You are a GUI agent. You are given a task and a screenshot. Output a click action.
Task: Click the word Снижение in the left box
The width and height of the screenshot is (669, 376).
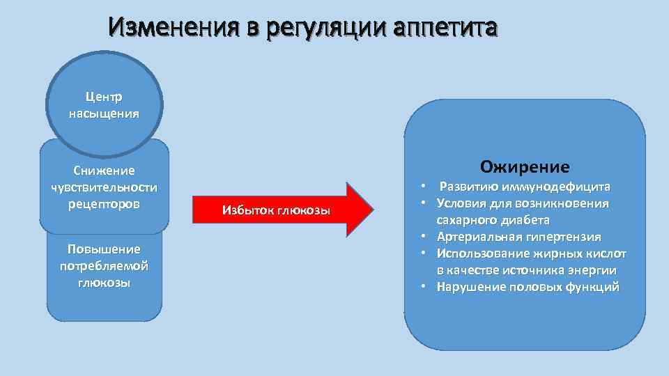pos(104,171)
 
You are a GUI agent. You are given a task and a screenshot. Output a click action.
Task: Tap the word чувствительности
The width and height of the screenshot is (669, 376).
pos(104,187)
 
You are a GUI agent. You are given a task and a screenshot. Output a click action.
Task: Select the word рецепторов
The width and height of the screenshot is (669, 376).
pos(104,204)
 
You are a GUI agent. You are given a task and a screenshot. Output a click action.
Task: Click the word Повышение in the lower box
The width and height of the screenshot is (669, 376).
pos(104,249)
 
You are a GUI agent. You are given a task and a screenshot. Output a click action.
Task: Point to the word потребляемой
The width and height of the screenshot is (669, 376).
pos(104,266)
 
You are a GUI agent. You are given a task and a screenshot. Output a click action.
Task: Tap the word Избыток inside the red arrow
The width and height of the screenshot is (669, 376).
pos(245,211)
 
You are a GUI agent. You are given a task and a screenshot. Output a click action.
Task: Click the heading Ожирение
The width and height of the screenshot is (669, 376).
pos(525,167)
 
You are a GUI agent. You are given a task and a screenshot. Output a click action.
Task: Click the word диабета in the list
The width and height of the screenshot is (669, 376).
pos(523,221)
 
